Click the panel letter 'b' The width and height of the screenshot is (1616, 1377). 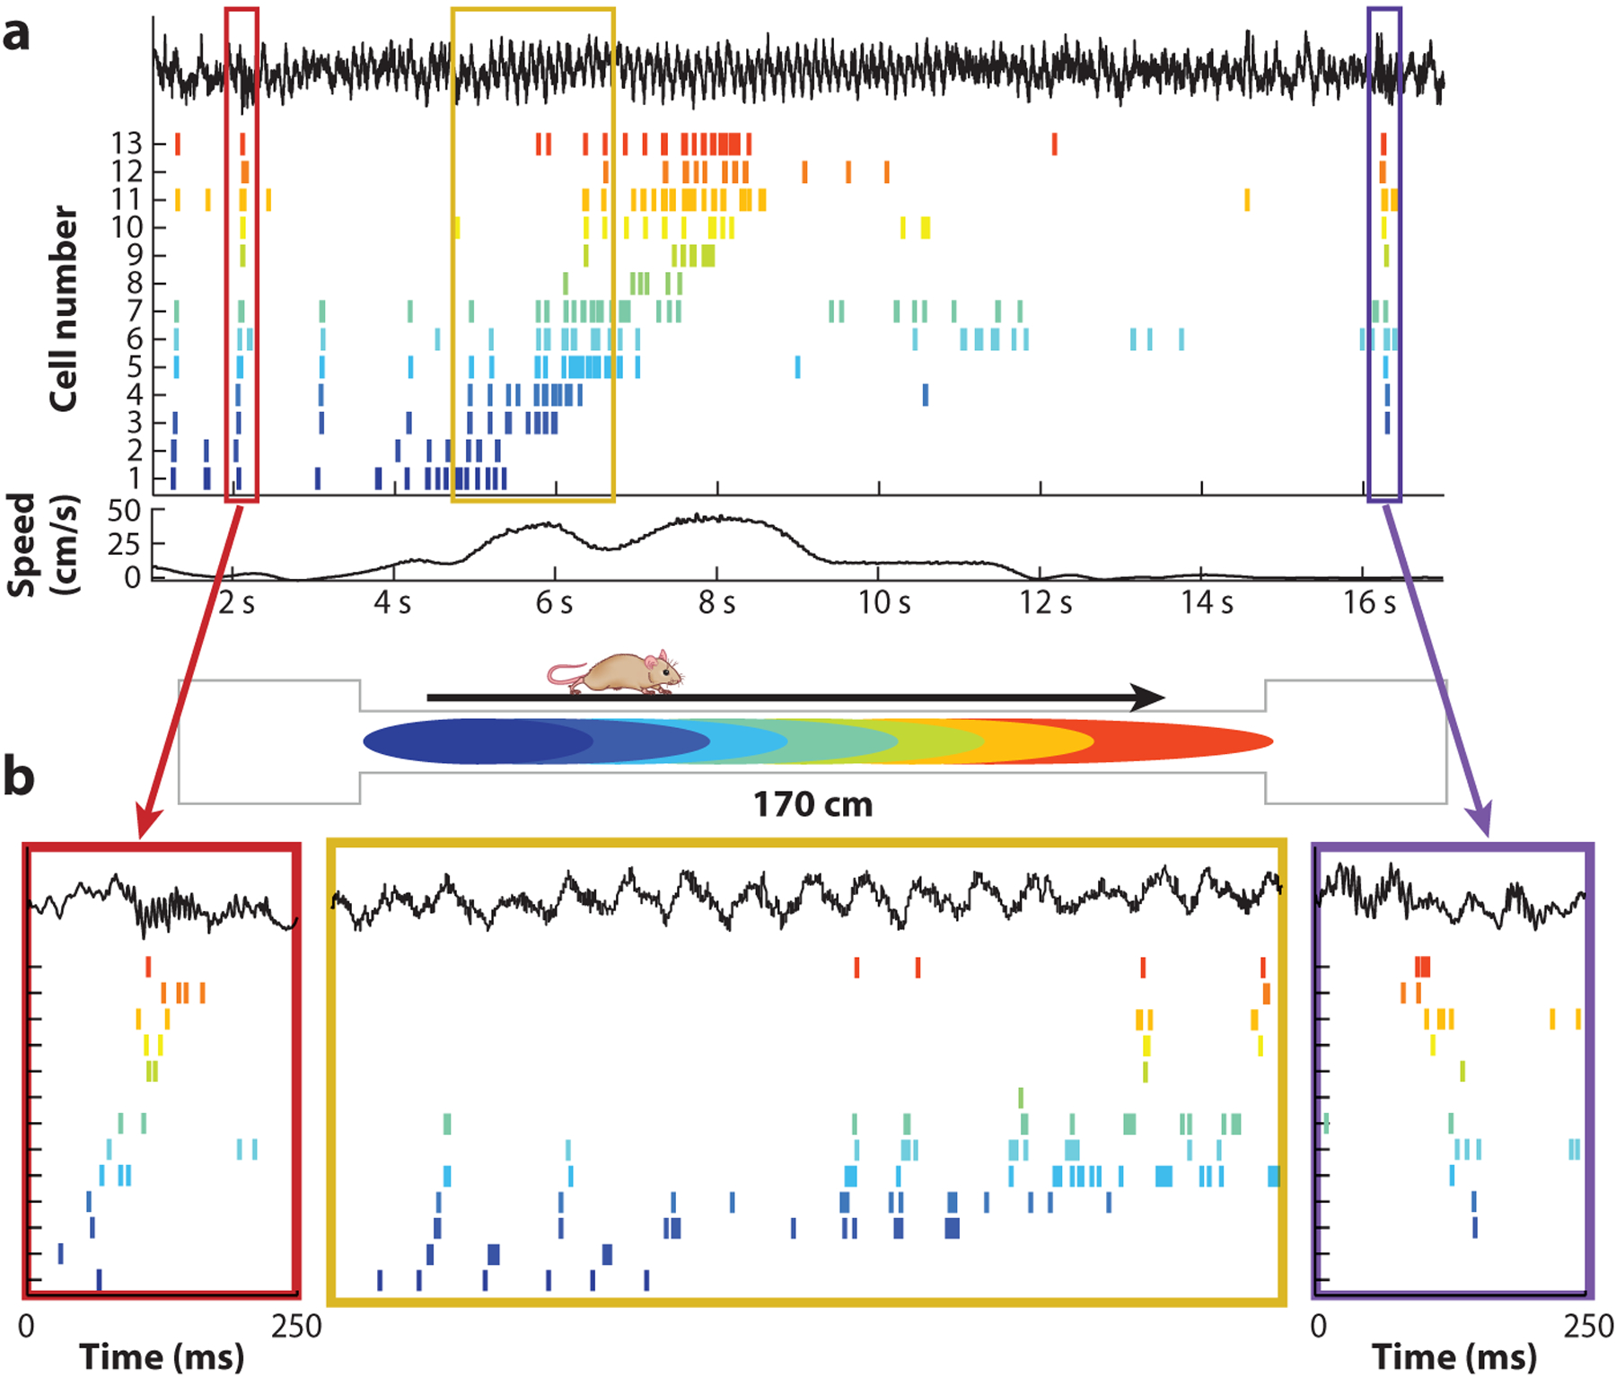(x=18, y=776)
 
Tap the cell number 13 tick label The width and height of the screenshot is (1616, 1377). (x=127, y=144)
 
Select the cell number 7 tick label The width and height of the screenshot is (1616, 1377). (x=134, y=311)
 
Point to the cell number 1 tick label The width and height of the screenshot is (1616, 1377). (x=135, y=478)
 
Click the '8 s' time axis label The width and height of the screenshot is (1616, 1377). (x=716, y=603)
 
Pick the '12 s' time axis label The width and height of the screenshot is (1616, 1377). (x=1045, y=603)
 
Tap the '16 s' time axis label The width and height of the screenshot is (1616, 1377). (x=1369, y=603)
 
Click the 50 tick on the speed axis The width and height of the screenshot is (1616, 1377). (x=124, y=511)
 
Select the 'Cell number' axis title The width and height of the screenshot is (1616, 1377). (x=63, y=309)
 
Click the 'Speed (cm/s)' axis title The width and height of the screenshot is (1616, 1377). (x=42, y=544)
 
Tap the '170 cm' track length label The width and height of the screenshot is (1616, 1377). (x=812, y=805)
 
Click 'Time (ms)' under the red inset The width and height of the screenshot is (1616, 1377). (x=162, y=1356)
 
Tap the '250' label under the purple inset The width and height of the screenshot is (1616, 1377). (x=1589, y=1326)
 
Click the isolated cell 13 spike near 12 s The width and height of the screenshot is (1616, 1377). (x=1054, y=144)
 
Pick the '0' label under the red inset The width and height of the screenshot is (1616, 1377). (x=27, y=1326)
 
